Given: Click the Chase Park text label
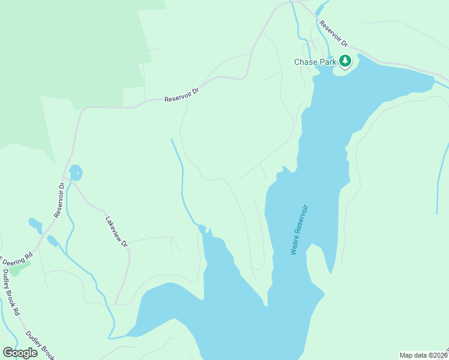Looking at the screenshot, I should click(315, 62).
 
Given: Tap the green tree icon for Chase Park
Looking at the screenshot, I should click(345, 61).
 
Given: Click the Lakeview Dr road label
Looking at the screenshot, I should click(117, 231).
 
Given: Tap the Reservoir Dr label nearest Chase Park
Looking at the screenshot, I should click(334, 34).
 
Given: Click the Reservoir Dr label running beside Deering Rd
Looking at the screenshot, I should click(59, 200).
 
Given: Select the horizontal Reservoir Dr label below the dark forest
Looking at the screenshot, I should click(181, 94).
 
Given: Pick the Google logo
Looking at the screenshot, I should click(20, 353).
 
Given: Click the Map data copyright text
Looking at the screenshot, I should click(424, 355).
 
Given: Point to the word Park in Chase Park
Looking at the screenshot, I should click(327, 62).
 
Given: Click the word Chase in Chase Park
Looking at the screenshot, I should click(305, 62).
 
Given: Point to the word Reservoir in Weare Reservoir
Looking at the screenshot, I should click(301, 220).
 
